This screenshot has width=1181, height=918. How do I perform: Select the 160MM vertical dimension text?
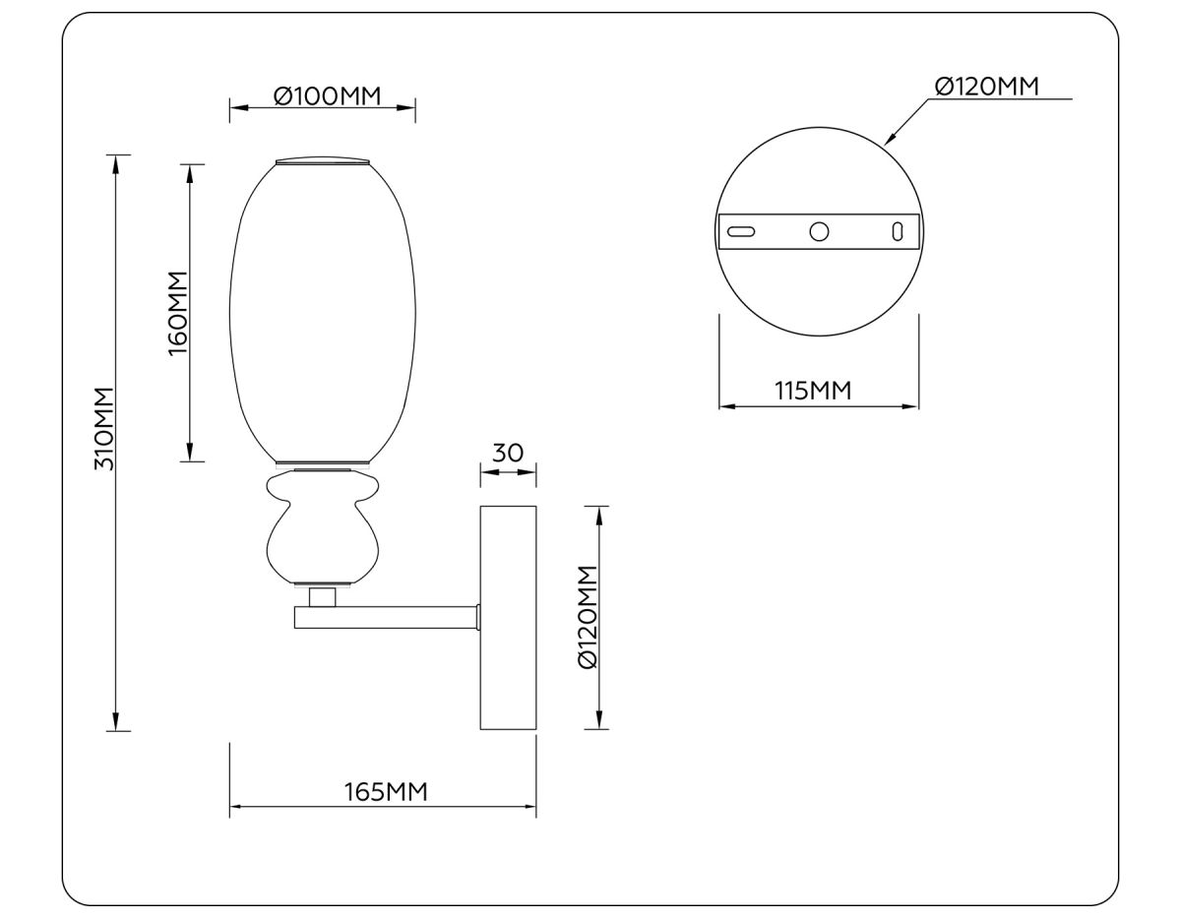(177, 313)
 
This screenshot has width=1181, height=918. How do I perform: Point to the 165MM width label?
(385, 791)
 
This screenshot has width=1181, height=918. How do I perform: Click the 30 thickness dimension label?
(507, 453)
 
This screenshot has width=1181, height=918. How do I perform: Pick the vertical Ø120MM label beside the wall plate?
(588, 617)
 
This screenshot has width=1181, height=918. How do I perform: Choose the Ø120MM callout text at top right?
(986, 87)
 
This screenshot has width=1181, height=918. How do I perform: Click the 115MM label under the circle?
(813, 390)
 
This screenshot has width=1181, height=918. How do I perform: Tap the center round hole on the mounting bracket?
(819, 231)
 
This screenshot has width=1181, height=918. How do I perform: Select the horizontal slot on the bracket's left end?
(741, 231)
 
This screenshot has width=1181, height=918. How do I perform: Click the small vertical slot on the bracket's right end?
(897, 231)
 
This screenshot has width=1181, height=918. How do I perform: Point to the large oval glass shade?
(323, 310)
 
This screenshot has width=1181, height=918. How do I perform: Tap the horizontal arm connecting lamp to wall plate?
(386, 618)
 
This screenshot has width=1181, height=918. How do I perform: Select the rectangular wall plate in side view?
(508, 618)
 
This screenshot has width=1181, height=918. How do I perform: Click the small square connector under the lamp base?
(322, 597)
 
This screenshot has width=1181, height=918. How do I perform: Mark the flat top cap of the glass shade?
(323, 159)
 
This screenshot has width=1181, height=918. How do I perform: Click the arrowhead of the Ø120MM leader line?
(888, 141)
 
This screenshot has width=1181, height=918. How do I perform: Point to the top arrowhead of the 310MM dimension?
(117, 161)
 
